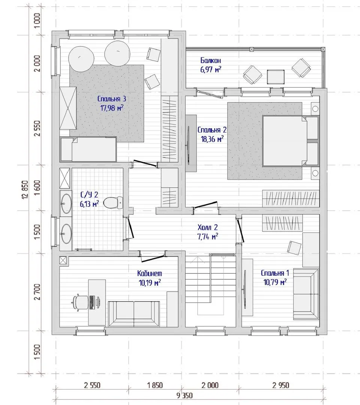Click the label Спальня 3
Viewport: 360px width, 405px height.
click(x=112, y=99)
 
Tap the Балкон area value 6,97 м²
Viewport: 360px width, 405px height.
click(x=211, y=70)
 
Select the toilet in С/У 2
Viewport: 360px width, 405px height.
click(x=113, y=203)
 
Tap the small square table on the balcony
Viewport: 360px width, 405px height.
click(x=276, y=77)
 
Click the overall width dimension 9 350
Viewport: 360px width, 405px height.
click(x=184, y=396)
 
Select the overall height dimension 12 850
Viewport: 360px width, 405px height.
click(x=25, y=189)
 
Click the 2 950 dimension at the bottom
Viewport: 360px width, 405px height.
click(x=281, y=385)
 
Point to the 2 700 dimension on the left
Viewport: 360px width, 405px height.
click(x=37, y=292)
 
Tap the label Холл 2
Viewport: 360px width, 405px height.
click(x=207, y=227)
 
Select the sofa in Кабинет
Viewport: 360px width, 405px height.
click(x=134, y=313)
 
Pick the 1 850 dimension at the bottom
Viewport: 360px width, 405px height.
click(x=155, y=385)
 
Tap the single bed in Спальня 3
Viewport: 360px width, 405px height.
click(x=88, y=149)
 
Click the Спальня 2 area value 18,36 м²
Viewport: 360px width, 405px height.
click(x=212, y=139)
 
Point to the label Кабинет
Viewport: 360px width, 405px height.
click(x=150, y=273)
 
